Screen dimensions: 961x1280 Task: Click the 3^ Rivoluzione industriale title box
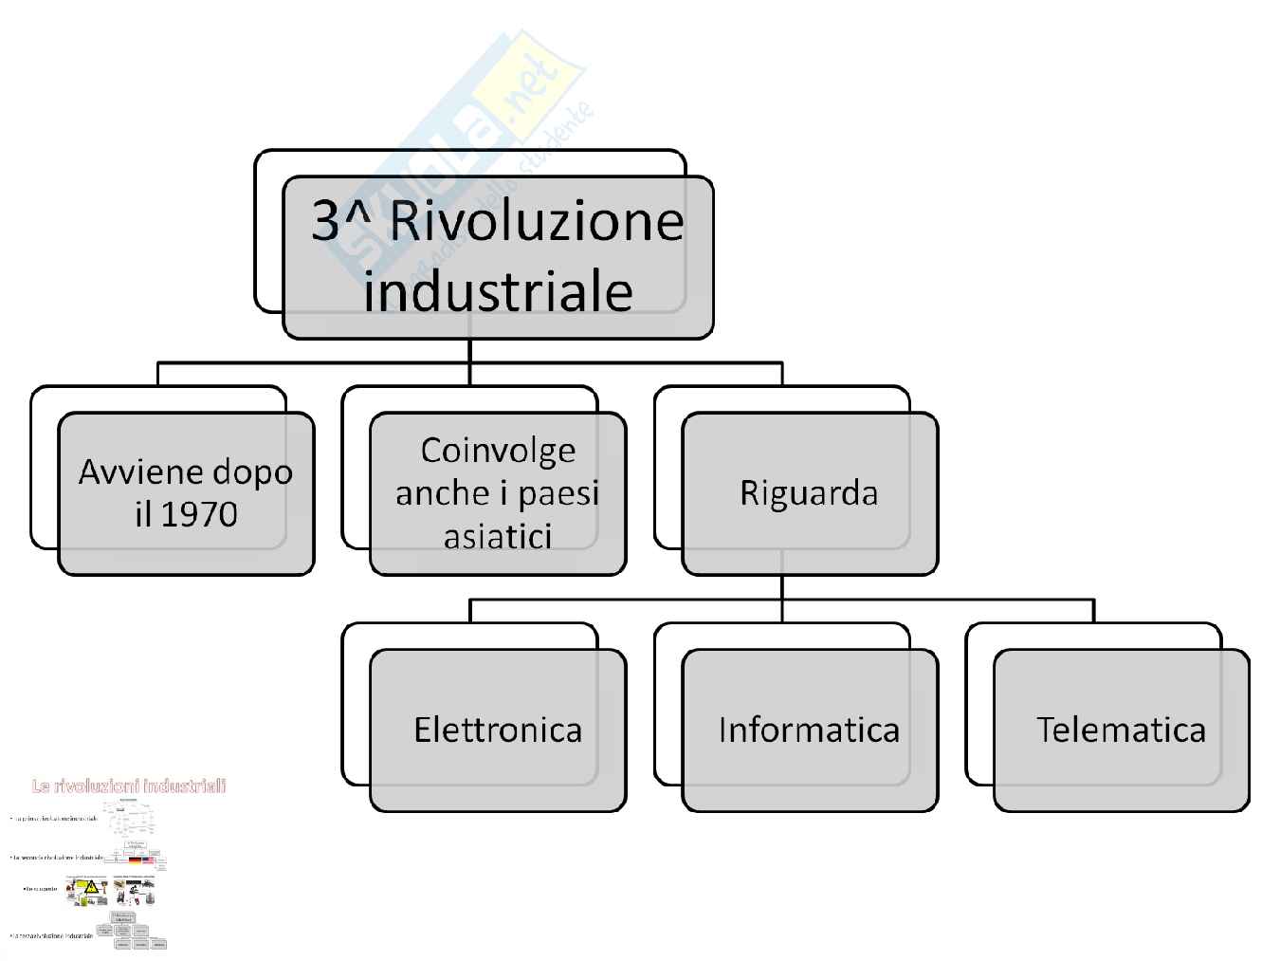tap(498, 256)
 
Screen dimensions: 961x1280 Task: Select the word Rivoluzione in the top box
tap(537, 221)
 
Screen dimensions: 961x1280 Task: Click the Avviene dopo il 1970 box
tap(186, 492)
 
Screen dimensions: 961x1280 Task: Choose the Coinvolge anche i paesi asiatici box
tap(498, 492)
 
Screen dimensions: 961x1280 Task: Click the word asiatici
tap(498, 537)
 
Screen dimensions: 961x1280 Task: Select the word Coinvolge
tap(498, 450)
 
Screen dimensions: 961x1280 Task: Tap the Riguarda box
tap(809, 492)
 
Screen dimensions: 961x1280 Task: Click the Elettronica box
tap(498, 730)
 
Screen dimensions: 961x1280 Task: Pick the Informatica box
tap(809, 730)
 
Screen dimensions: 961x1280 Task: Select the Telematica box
tap(1121, 730)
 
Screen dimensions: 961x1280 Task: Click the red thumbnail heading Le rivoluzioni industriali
tap(129, 785)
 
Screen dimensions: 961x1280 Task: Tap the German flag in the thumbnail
tap(135, 860)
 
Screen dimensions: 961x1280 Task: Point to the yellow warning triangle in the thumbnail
tap(92, 889)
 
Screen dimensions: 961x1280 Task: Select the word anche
tap(440, 493)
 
